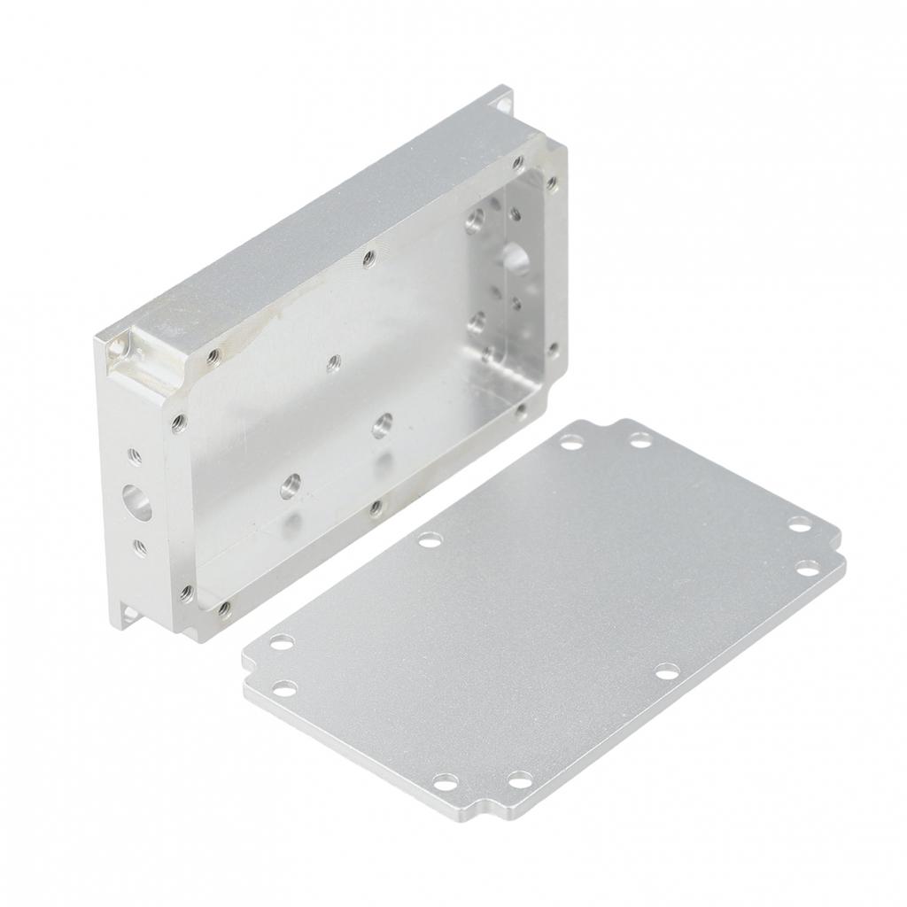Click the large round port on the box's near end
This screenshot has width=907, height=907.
137,501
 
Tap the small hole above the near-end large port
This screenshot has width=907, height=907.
135,456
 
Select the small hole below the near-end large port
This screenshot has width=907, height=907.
140,547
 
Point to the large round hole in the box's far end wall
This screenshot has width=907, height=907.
514,258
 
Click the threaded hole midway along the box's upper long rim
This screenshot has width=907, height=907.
368,258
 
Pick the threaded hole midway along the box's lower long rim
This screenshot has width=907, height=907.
376,508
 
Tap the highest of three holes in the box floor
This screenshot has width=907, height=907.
334,362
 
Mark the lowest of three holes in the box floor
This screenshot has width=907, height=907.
290,485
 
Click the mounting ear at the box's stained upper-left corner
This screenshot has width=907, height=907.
119,347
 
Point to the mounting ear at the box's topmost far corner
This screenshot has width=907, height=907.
502,99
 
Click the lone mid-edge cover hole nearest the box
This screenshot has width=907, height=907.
430,539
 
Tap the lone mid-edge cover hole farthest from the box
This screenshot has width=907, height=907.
666,671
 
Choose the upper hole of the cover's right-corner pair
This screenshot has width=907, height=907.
800,525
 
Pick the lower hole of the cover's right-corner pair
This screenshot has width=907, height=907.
808,568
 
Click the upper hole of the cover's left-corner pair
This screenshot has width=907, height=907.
282,641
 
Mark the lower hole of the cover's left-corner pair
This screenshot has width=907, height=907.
284,687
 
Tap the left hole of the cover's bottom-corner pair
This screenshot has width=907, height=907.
446,782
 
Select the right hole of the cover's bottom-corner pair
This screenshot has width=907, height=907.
520,779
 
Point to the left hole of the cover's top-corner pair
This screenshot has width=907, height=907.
572,440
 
